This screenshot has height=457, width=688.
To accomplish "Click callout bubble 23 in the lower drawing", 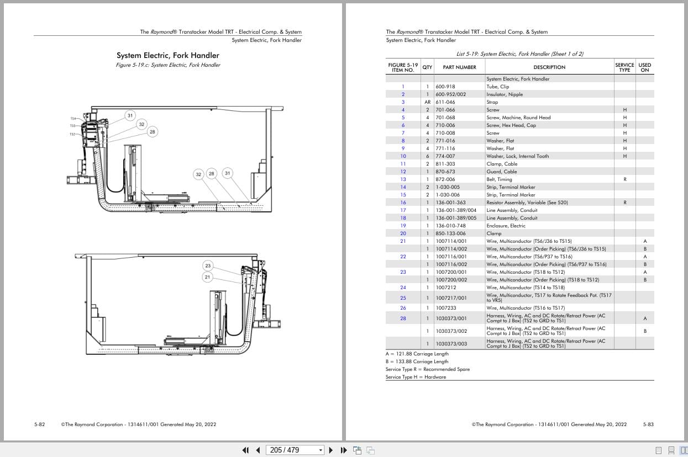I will (x=208, y=265).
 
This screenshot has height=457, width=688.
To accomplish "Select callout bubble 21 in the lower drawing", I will (x=208, y=277).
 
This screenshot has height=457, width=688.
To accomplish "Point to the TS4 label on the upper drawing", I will (x=72, y=119).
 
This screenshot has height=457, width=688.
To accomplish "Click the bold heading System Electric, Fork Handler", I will (x=167, y=55).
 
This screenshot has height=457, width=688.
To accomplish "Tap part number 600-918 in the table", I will (x=445, y=87).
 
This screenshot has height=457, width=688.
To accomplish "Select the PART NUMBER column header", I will (x=459, y=67).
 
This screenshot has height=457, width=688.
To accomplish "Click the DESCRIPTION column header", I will (x=549, y=67).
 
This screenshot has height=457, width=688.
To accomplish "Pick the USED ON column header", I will (x=644, y=67).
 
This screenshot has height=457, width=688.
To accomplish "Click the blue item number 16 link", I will (x=403, y=203).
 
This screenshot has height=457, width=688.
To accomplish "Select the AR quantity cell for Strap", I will (x=427, y=102).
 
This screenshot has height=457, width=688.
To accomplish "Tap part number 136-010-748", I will (x=450, y=226).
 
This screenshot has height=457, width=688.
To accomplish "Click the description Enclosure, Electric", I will (x=506, y=226).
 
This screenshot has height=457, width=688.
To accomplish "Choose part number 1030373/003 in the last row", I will (x=451, y=343).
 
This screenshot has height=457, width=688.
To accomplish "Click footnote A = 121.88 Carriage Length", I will (x=417, y=354).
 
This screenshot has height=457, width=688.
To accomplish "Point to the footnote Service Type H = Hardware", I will (x=416, y=377).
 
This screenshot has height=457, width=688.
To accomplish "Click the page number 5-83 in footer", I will (x=648, y=424).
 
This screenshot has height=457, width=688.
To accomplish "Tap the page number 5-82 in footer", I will (x=40, y=424).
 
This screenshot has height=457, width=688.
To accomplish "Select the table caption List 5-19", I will (x=519, y=54).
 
